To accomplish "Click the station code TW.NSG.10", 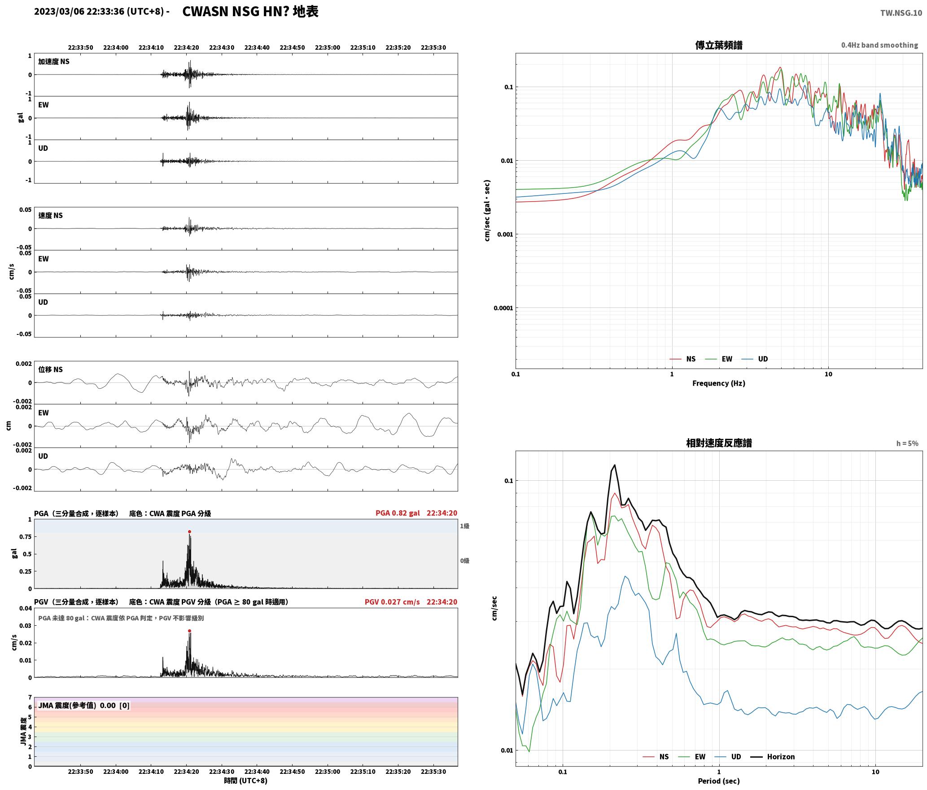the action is pos(901,13).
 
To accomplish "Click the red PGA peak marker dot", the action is pos(189,531).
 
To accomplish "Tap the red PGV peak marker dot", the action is pos(189,631).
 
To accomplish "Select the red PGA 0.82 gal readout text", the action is pos(398,513).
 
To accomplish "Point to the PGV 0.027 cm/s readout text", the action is pos(392,601).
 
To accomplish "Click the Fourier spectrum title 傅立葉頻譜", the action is pos(718,45).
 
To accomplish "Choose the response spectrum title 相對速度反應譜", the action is pos(719,443).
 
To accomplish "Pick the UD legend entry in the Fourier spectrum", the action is pos(755,359).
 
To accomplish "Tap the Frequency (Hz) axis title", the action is pos(718,383).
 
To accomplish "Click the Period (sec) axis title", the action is pos(718,781).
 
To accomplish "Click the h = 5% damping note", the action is pos(907,443).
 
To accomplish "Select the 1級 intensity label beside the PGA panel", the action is pos(464,526).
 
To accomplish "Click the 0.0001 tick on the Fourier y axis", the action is pos(503,308).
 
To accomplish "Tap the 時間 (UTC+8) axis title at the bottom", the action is pos(246,781).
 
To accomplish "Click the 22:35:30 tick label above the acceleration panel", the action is pos(433,47).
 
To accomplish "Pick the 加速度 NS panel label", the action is pos(54,61).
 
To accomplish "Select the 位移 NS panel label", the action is pos(50,369).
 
